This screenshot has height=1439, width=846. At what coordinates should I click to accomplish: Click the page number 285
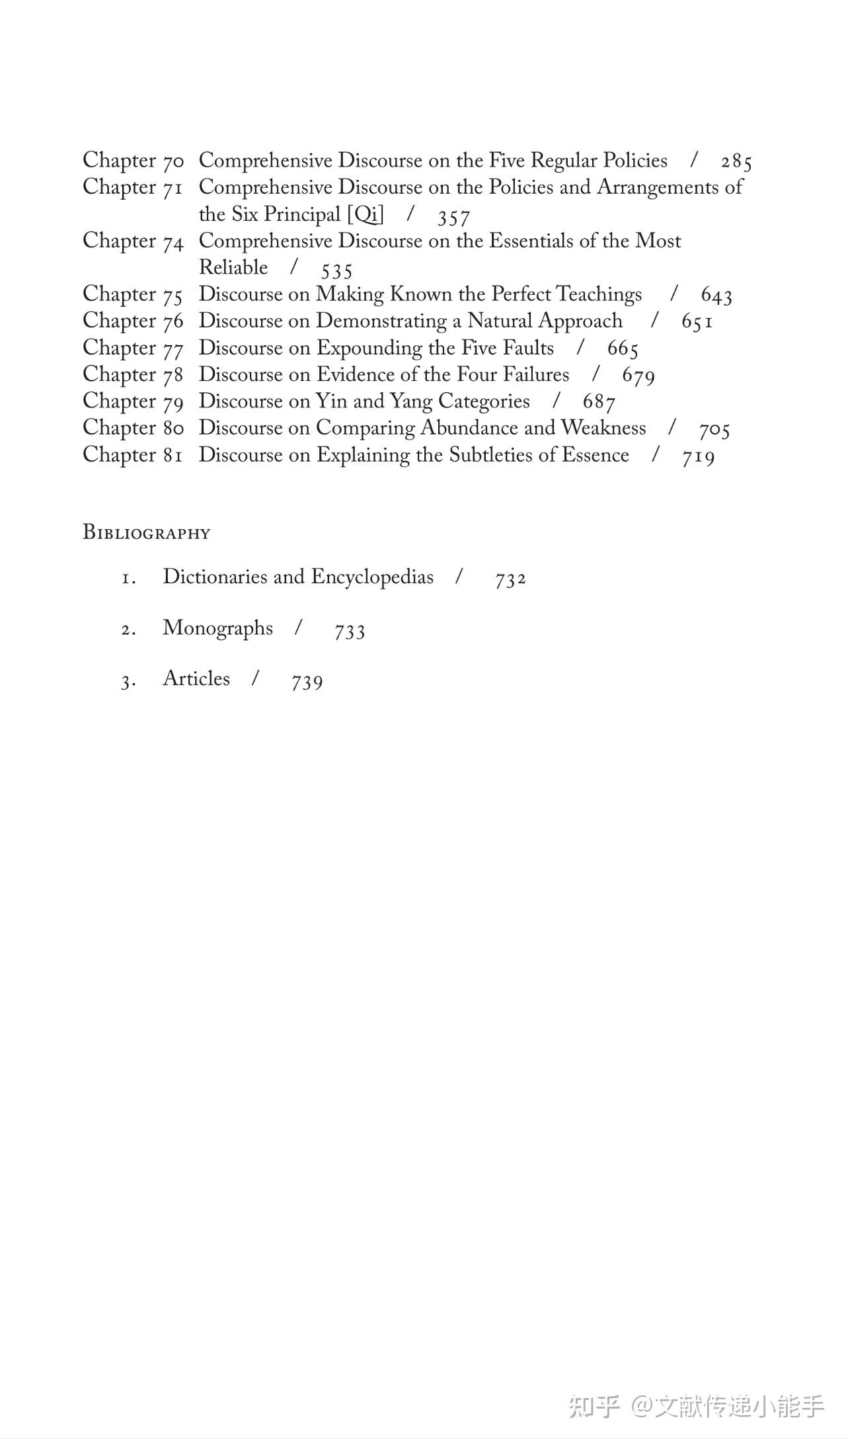click(736, 162)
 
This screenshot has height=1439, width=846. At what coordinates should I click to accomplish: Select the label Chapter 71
click(133, 188)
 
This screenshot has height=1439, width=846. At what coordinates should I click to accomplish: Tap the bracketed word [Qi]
click(365, 215)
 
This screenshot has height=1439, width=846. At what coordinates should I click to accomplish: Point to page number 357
click(453, 217)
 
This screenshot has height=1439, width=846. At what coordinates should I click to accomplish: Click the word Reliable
click(233, 268)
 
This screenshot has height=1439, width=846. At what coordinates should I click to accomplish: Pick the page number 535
click(336, 270)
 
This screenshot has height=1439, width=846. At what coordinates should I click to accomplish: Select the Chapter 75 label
click(133, 295)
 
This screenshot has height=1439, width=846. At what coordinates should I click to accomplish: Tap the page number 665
click(623, 349)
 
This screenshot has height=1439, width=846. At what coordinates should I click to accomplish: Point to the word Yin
click(331, 401)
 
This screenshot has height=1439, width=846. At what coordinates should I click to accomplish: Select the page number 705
click(714, 431)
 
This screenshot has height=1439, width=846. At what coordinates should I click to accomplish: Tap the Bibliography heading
click(147, 533)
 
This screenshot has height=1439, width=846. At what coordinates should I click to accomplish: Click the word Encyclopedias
click(372, 577)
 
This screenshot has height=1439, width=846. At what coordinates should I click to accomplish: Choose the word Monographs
click(217, 628)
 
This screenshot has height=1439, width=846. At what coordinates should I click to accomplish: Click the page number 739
click(307, 682)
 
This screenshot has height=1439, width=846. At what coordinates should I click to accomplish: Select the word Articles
click(196, 679)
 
